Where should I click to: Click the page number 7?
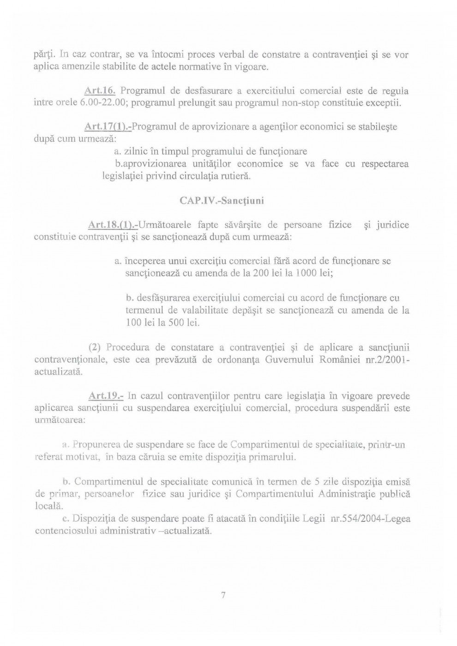coord(223,595)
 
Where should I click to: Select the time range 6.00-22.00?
coord(105,102)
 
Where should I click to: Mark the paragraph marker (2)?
coord(95,347)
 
